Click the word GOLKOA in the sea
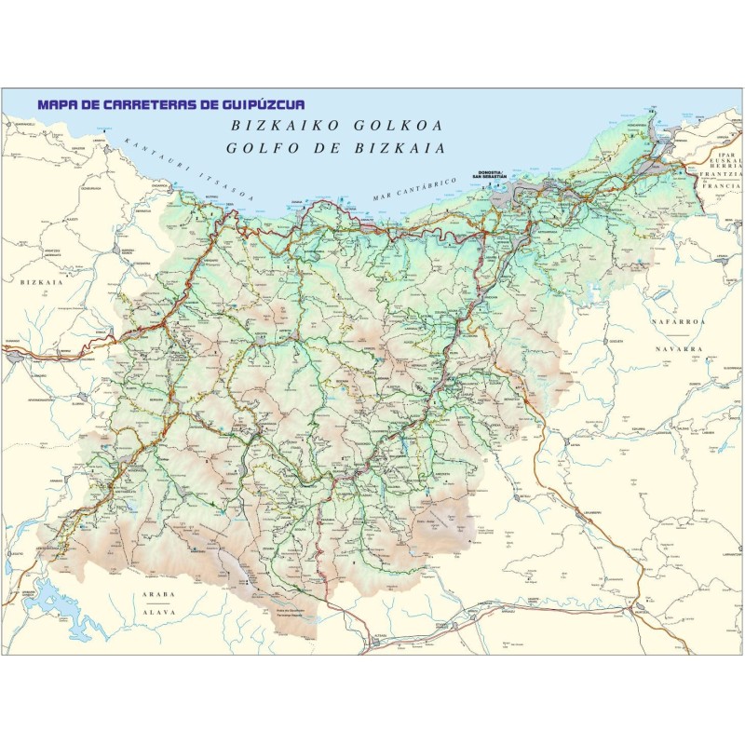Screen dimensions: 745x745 pyautogui.click(x=397, y=126)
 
